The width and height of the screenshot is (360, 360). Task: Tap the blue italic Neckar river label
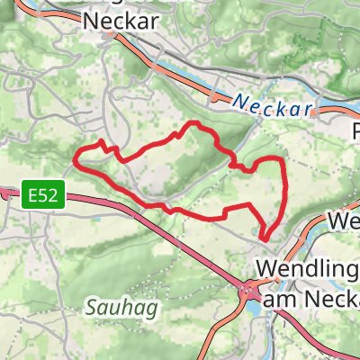point(273,106)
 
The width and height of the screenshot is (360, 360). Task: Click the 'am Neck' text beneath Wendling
point(310,296)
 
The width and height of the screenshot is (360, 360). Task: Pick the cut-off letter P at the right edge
point(354,131)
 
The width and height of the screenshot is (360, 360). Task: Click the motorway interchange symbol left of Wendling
point(247,290)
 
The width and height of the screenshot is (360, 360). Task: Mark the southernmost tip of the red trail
point(265,238)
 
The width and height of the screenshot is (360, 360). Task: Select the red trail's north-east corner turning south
point(282,160)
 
